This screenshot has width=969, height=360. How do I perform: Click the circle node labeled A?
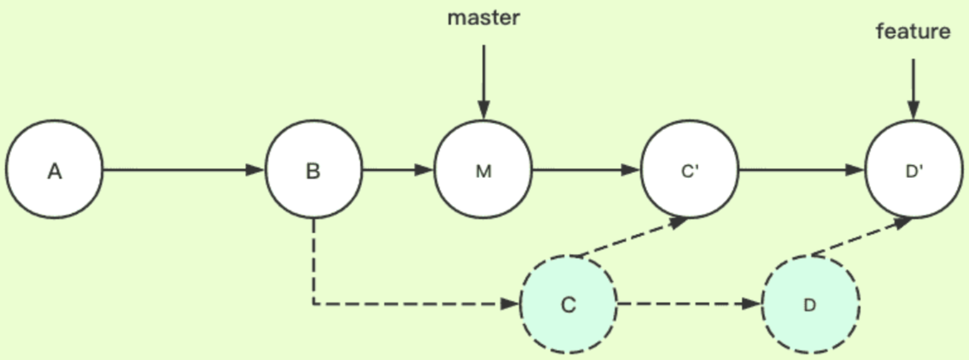click(x=54, y=170)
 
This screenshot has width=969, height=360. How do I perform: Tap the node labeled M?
click(x=483, y=170)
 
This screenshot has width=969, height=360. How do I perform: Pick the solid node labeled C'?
click(x=690, y=170)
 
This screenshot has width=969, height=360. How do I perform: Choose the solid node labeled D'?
click(x=914, y=170)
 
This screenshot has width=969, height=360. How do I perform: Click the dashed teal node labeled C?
click(x=568, y=304)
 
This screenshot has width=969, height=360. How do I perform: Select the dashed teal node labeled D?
click(x=811, y=304)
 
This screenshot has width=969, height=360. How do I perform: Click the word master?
click(x=484, y=18)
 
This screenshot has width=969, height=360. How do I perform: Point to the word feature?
click(x=913, y=31)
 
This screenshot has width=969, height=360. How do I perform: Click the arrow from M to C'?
click(x=585, y=170)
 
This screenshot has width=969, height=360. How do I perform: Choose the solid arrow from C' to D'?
click(x=801, y=170)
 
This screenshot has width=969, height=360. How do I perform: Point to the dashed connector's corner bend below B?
click(x=314, y=303)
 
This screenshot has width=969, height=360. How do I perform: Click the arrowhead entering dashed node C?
click(x=509, y=303)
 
